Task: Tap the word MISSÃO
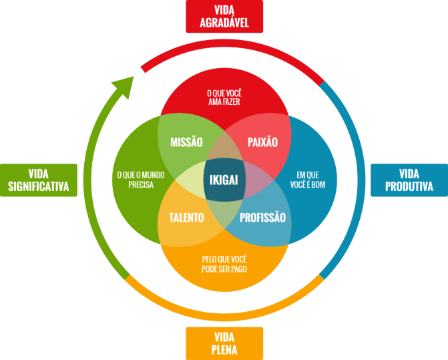[186, 142]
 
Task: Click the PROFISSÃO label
[262, 218]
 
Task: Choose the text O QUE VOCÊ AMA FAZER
[224, 97]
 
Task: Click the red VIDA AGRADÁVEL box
[224, 17]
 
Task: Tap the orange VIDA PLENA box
[224, 343]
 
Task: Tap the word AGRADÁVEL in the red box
[224, 23]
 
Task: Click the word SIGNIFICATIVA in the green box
[39, 187]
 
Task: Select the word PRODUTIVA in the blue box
[409, 187]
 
